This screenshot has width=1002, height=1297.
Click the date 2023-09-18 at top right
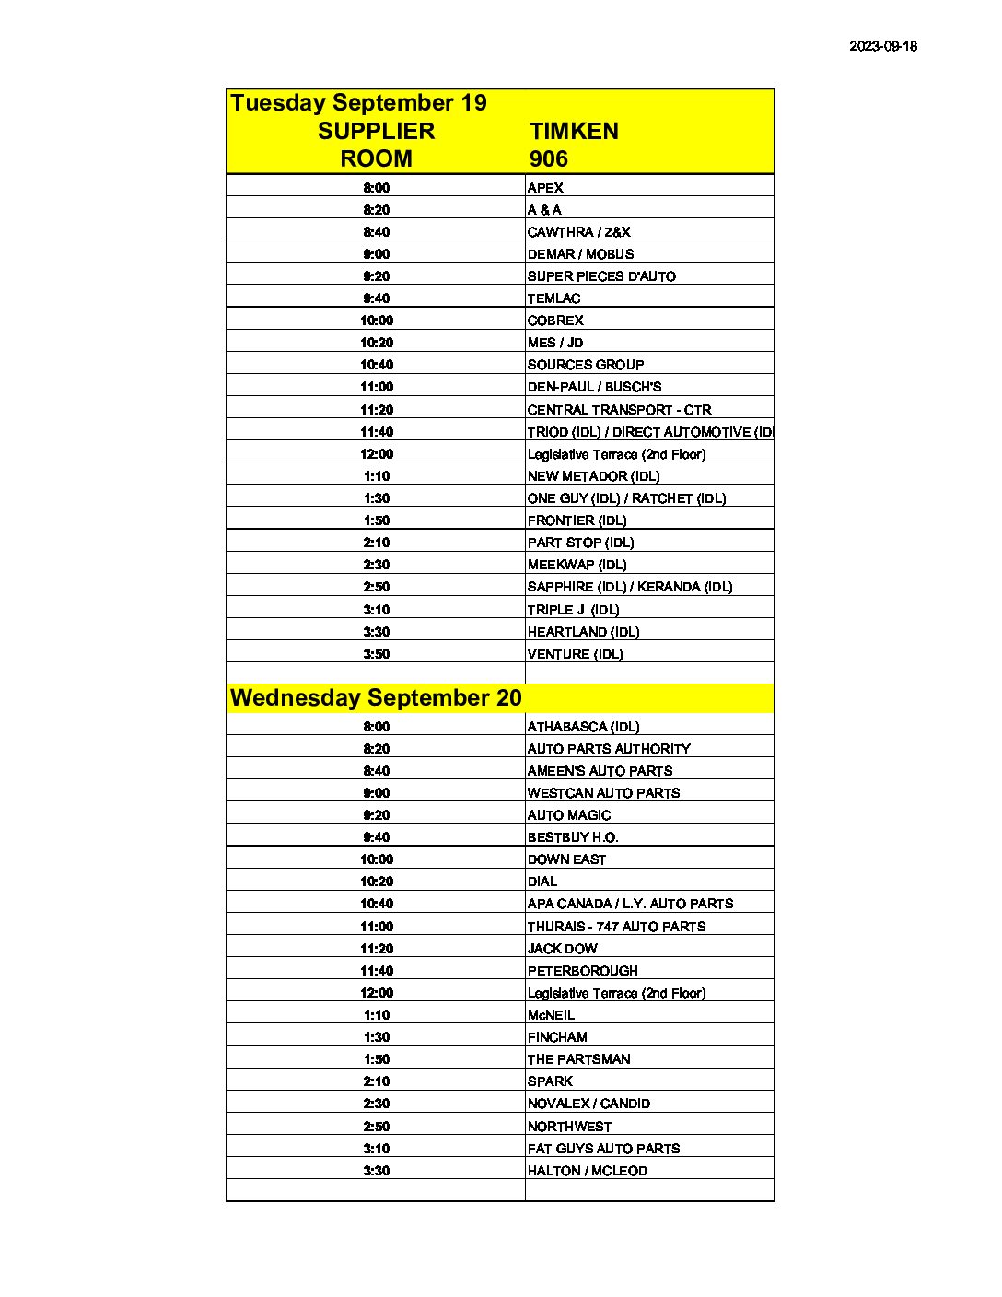[x=882, y=46]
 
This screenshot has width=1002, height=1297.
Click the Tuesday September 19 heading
[x=358, y=102]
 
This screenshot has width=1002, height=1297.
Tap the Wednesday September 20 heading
[x=376, y=697]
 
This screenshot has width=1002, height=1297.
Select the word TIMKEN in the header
[x=574, y=131]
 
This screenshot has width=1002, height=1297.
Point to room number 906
[x=548, y=158]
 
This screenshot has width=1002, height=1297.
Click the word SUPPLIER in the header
[x=376, y=131]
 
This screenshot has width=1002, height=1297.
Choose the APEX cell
[x=545, y=188]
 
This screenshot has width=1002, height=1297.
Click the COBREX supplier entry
[x=555, y=321]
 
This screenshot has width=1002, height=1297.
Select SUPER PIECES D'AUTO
[x=601, y=276]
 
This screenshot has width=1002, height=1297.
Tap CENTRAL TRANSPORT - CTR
[x=619, y=410]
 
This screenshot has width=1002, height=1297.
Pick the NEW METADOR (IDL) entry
[x=593, y=476]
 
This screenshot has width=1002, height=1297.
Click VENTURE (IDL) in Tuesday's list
[x=575, y=654]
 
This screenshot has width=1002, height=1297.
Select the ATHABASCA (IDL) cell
[x=583, y=727]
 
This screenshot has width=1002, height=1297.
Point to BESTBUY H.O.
[x=572, y=837]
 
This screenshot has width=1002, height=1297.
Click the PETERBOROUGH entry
[x=582, y=971]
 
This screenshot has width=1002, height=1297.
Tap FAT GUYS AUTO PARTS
[x=603, y=1149]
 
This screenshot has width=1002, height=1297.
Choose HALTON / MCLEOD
[x=587, y=1171]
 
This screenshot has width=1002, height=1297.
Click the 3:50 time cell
[x=376, y=654]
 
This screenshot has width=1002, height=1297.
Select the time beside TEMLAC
[x=376, y=298]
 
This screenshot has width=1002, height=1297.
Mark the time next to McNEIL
[x=376, y=1015]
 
